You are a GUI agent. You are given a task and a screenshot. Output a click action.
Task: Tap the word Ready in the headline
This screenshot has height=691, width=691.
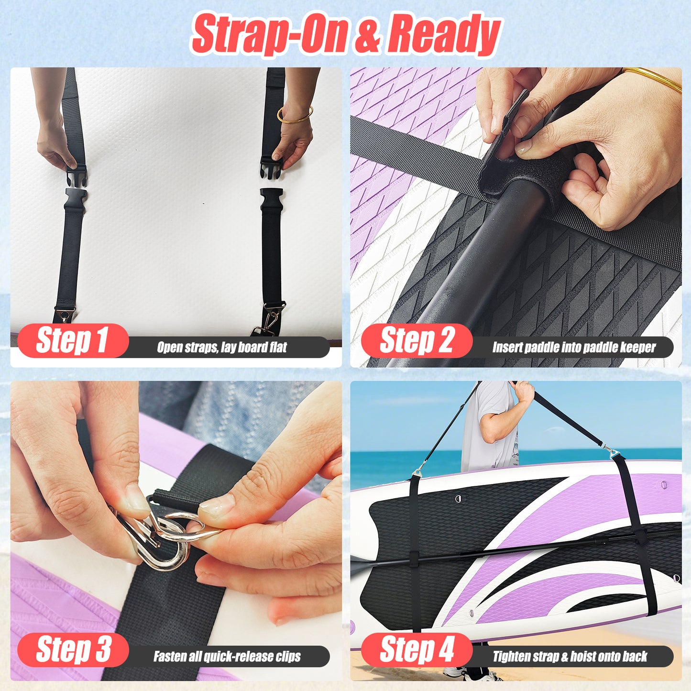443,34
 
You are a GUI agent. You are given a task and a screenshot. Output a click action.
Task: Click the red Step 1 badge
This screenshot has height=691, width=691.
73,340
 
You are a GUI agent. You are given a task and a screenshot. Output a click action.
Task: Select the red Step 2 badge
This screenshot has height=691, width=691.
417,340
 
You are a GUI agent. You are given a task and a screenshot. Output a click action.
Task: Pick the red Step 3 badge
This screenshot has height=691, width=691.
73,649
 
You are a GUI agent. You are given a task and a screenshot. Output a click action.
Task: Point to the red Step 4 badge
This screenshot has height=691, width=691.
417,649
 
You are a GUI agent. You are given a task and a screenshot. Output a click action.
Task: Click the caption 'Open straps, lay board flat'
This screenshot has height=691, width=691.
222,348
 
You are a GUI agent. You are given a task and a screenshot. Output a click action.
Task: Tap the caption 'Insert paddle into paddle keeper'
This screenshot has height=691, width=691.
574,348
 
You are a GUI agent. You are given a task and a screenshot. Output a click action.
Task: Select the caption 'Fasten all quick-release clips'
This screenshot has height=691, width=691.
227,657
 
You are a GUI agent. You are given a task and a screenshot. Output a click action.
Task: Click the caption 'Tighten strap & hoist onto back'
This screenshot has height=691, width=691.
570,657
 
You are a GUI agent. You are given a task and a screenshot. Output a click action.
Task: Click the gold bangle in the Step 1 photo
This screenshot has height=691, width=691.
295,115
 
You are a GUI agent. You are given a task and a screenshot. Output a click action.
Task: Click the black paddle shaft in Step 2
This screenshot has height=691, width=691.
483,268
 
